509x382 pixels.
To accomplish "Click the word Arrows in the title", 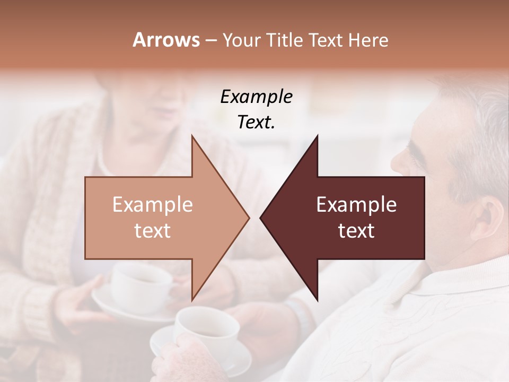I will (166, 40).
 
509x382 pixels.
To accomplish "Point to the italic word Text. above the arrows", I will (256, 123).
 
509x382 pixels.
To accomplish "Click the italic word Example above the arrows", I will (256, 97).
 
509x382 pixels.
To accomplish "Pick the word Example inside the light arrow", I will (153, 205).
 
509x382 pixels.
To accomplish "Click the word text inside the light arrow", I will (153, 231).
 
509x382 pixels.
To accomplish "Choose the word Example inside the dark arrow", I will (356, 205).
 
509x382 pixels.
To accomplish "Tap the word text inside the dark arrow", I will (356, 231).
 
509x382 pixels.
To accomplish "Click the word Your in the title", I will (242, 40).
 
